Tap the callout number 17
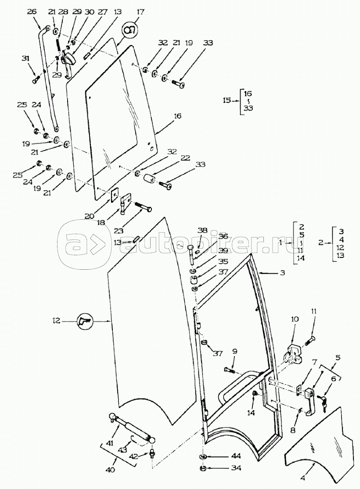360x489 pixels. pos(140,12)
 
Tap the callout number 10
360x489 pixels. pos(294,319)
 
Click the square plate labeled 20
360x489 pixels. pos(116,194)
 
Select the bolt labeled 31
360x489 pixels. pos(36,80)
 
